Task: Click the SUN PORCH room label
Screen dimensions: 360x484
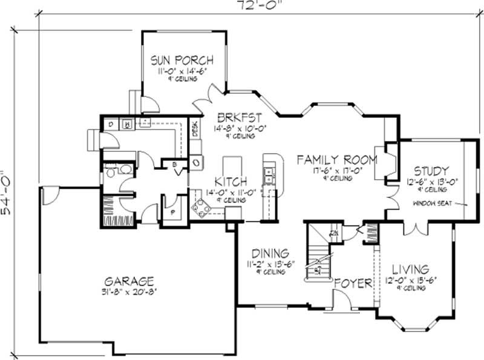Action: click(x=181, y=60)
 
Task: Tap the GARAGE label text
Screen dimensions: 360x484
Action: click(x=129, y=281)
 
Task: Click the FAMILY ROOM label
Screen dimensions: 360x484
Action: click(x=336, y=160)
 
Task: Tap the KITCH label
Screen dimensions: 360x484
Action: click(x=231, y=181)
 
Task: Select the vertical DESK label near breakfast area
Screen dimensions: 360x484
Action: click(x=195, y=129)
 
